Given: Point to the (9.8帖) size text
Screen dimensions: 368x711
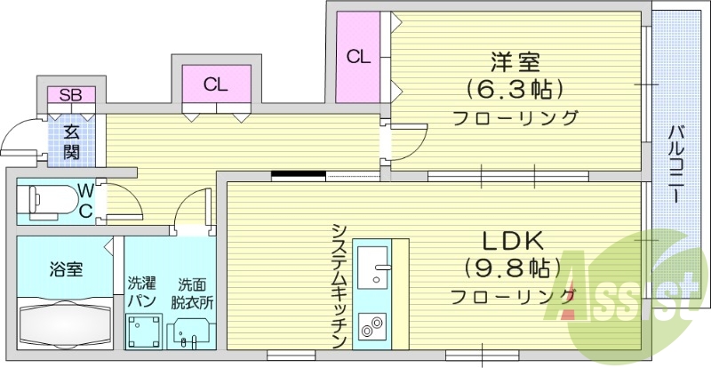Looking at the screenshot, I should pyautogui.click(x=514, y=268).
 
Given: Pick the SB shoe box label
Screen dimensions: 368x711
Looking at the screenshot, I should pyautogui.click(x=66, y=94).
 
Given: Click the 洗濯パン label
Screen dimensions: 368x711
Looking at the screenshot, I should pyautogui.click(x=140, y=292).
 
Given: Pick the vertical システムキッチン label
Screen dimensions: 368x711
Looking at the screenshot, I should pyautogui.click(x=339, y=284).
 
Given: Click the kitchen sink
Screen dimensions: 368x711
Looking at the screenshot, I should pyautogui.click(x=377, y=264).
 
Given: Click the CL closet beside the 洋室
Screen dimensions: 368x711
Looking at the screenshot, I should pyautogui.click(x=358, y=58).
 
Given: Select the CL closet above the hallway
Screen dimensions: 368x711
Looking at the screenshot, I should pyautogui.click(x=216, y=85).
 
